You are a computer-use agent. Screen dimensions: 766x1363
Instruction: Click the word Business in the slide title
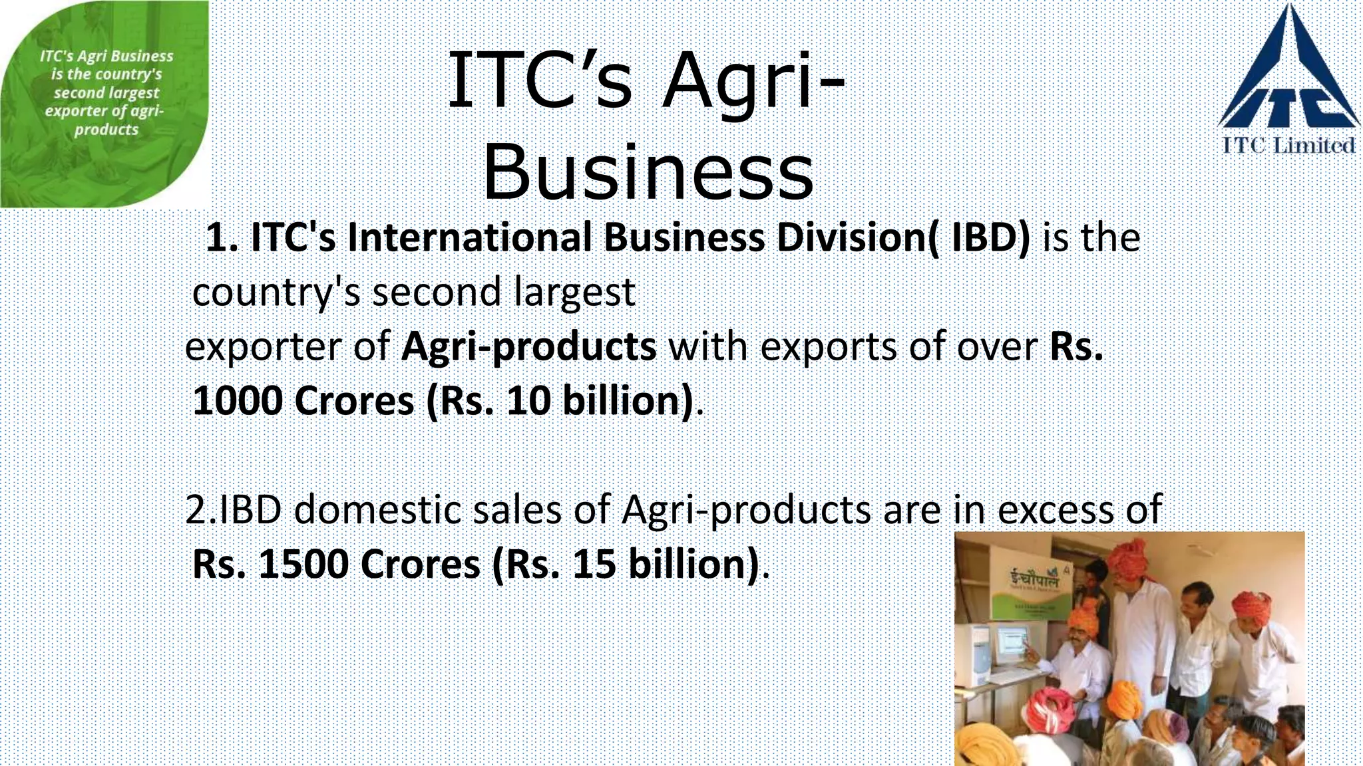tap(648, 172)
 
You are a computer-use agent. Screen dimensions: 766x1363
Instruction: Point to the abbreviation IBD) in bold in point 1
tap(990, 238)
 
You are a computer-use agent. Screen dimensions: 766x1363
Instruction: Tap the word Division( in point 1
tap(859, 238)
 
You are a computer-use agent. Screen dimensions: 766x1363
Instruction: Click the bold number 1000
tap(237, 401)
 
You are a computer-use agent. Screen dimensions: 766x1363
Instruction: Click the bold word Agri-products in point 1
tap(528, 346)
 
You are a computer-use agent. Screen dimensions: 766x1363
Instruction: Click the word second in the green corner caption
tap(77, 93)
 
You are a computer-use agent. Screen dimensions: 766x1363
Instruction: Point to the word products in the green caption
tap(106, 130)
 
